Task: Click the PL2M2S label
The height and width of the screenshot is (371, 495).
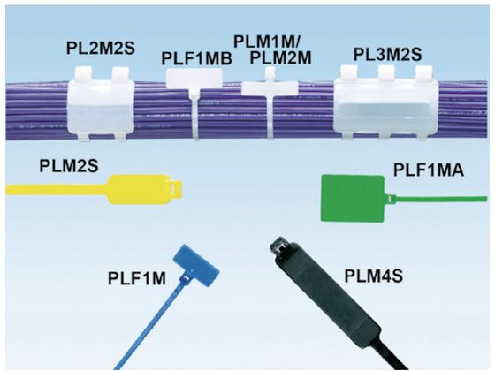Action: (x=101, y=49)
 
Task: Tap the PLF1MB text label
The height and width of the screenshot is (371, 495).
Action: (x=196, y=58)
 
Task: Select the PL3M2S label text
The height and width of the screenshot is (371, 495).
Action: (x=387, y=55)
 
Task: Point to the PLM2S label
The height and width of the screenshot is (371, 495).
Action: (x=69, y=166)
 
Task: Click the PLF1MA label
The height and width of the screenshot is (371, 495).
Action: (x=429, y=170)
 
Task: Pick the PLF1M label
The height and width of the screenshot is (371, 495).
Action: (x=137, y=278)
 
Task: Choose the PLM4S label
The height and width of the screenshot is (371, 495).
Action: (x=373, y=276)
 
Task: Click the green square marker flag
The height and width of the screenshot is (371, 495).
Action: (x=353, y=198)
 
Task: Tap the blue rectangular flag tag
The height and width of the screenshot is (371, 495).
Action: (x=196, y=266)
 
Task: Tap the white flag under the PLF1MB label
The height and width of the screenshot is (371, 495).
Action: (x=194, y=79)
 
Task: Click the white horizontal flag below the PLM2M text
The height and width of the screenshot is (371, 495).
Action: (x=270, y=88)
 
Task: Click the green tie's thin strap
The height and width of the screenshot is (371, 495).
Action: (x=438, y=200)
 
